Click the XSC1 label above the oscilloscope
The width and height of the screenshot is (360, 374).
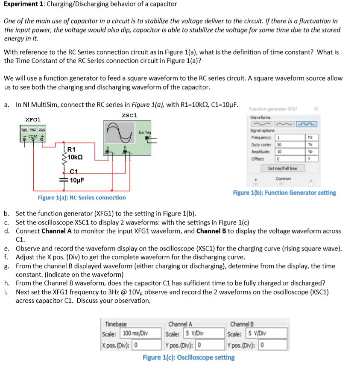pyautogui.click(x=129, y=115)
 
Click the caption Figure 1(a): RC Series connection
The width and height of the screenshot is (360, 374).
pyautogui.click(x=82, y=198)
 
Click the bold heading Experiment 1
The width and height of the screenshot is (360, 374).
pyautogui.click(x=23, y=4)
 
